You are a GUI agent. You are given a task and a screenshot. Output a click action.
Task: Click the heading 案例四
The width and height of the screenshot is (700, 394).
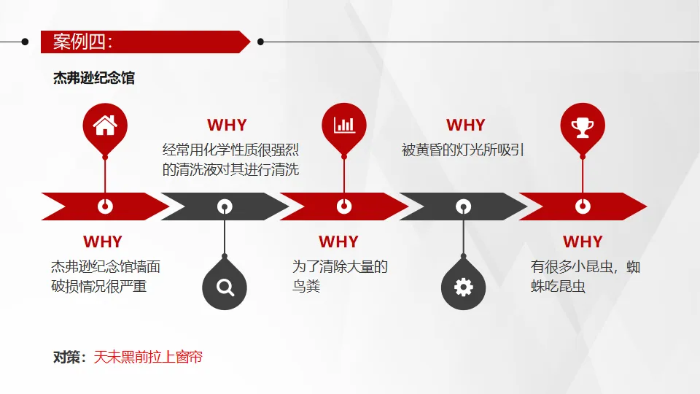pyautogui.click(x=82, y=42)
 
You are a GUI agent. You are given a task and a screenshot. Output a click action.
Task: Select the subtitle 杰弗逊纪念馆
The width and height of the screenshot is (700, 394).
pyautogui.click(x=94, y=78)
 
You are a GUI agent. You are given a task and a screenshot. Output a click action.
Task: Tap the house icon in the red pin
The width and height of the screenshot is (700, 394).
pyautogui.click(x=105, y=125)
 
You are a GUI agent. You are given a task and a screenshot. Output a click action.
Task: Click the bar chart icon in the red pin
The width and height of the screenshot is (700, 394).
pyautogui.click(x=344, y=125)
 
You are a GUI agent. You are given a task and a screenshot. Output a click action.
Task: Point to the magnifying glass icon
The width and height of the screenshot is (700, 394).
pyautogui.click(x=225, y=287)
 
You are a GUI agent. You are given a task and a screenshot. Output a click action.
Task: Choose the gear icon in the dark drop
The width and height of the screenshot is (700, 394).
pyautogui.click(x=463, y=287)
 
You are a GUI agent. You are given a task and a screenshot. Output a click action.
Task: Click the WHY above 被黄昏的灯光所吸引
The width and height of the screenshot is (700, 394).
pyautogui.click(x=465, y=125)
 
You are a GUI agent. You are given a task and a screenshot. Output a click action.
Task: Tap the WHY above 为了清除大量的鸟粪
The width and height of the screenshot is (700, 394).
pyautogui.click(x=338, y=242)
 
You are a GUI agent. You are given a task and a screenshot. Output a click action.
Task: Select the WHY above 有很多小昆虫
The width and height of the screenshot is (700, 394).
pyautogui.click(x=583, y=242)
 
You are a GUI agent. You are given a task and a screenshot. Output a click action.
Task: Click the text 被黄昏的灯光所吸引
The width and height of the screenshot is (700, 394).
pyautogui.click(x=463, y=150)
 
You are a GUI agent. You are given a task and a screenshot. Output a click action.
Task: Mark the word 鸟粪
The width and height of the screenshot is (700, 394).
pyautogui.click(x=306, y=286)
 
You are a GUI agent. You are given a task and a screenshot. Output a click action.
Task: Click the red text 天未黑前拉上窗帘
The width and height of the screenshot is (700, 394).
pyautogui.click(x=148, y=357)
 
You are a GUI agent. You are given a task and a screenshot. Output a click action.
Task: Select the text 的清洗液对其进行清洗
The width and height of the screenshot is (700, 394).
pyautogui.click(x=230, y=170)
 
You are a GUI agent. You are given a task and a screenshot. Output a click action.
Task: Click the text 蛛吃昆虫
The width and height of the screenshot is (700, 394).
pyautogui.click(x=558, y=286)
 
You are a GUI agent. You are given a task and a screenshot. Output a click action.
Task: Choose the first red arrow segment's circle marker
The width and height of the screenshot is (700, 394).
pyautogui.click(x=105, y=206)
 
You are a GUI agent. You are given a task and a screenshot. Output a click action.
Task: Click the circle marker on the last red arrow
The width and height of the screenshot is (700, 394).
pyautogui.click(x=582, y=206)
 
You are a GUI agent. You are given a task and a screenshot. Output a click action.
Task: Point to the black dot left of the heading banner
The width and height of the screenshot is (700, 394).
pyautogui.click(x=26, y=42)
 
